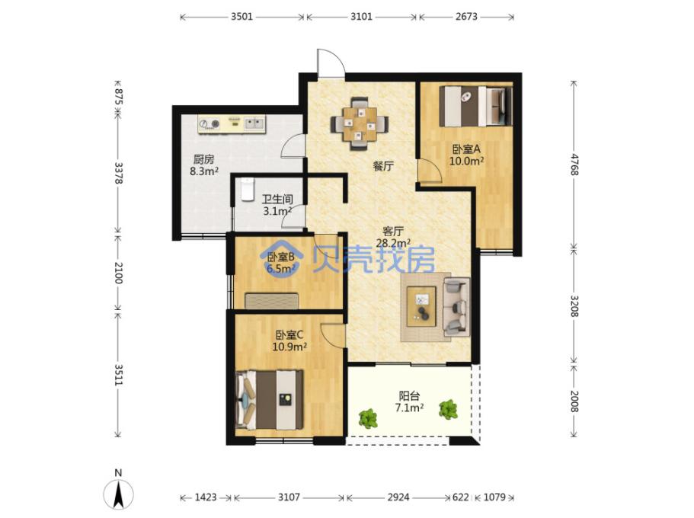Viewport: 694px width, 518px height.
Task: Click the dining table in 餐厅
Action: click(x=360, y=124)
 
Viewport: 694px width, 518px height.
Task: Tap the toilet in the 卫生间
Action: click(x=247, y=189)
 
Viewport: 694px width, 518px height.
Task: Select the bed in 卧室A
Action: click(x=476, y=106)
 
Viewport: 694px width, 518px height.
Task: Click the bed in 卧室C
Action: click(x=270, y=400)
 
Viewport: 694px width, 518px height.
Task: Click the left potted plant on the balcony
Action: click(x=368, y=418)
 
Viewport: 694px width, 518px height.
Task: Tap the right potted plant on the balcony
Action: click(x=449, y=409)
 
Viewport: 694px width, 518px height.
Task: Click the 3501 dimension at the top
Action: click(x=241, y=17)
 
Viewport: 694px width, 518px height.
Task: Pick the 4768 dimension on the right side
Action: click(x=574, y=165)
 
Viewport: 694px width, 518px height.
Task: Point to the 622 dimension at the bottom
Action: click(x=460, y=497)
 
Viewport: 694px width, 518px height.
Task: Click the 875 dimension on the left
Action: click(x=118, y=96)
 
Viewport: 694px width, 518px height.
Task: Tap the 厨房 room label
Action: click(x=203, y=159)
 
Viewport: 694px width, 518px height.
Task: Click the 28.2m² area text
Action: click(x=393, y=242)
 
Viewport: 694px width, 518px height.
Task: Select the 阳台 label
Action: click(x=409, y=396)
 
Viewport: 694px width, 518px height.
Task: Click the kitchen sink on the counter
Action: click(x=254, y=123)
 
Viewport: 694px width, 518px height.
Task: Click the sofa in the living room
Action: click(x=457, y=306)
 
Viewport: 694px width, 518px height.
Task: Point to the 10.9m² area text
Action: click(x=289, y=347)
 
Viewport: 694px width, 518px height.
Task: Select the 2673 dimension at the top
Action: click(x=466, y=17)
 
